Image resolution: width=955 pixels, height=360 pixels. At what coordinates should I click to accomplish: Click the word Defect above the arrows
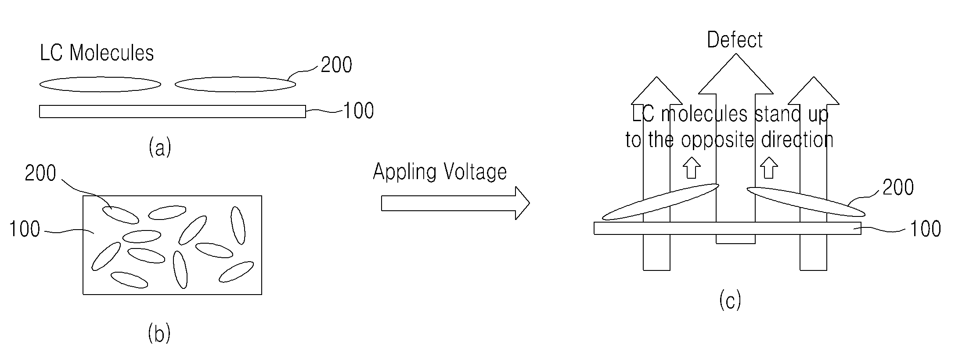point(735,40)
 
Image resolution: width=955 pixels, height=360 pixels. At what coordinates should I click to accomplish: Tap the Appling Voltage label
point(440,171)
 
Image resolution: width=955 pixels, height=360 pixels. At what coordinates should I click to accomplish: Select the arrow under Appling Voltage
point(455,203)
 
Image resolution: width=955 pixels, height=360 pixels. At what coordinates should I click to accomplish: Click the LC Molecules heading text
point(97,53)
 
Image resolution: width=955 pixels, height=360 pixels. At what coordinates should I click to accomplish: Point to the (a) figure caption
point(160,147)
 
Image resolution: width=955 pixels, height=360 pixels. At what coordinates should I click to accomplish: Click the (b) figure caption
point(159,333)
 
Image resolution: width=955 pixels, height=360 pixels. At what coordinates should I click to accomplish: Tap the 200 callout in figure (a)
point(336,65)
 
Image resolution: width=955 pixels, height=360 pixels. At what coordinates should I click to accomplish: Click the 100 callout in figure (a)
point(358,111)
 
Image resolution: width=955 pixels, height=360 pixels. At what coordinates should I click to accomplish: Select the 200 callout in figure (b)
point(40,173)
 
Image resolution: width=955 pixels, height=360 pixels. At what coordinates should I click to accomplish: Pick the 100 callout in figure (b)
point(25,229)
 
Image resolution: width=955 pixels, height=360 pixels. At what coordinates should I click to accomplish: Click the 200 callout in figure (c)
point(898,187)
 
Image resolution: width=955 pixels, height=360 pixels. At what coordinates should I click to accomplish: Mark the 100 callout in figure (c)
point(925,229)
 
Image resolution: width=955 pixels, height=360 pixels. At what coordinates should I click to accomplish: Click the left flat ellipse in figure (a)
point(100,84)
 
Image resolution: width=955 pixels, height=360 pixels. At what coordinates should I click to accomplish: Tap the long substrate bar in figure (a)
point(173,112)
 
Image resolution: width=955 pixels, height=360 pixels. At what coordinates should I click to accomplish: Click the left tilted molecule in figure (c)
point(660,202)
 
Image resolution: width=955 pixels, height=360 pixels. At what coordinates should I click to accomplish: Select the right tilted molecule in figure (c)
point(806,202)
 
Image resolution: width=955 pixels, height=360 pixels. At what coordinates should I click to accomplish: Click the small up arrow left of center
point(692,168)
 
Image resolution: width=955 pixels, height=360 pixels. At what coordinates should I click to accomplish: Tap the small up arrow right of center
point(768,168)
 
